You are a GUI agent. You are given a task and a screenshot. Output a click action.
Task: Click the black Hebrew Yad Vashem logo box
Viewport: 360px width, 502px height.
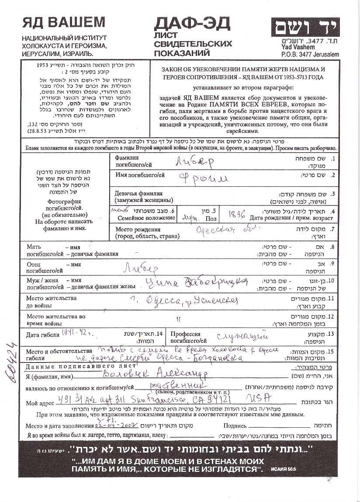click(304, 28)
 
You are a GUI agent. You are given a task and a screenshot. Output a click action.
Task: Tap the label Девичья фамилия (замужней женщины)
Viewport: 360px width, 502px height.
click(138, 196)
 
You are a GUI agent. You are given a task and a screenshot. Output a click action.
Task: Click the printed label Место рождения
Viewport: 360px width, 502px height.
click(138, 229)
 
